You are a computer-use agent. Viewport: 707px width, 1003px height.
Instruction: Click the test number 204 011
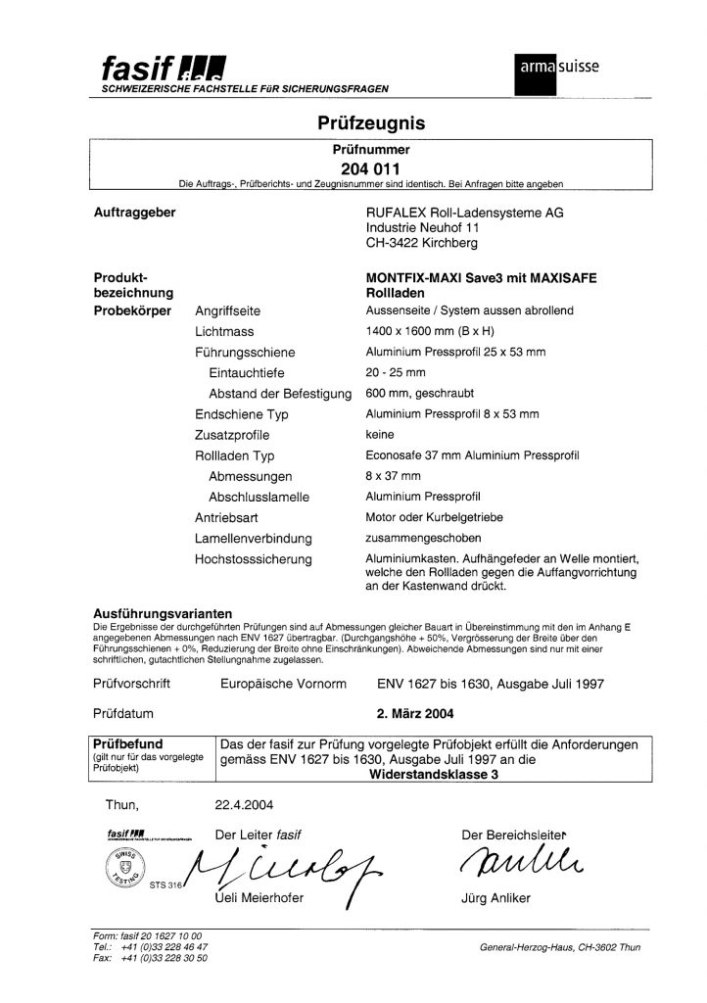pyautogui.click(x=370, y=168)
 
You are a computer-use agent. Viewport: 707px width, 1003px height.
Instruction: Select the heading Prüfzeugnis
pyautogui.click(x=371, y=123)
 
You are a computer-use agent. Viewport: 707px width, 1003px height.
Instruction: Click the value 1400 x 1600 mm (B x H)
pyautogui.click(x=434, y=331)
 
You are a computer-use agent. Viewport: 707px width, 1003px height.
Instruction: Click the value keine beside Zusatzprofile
pyautogui.click(x=379, y=434)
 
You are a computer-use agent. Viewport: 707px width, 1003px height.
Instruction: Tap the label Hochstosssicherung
pyautogui.click(x=253, y=559)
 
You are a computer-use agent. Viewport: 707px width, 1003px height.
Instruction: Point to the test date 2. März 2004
pyautogui.click(x=423, y=714)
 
